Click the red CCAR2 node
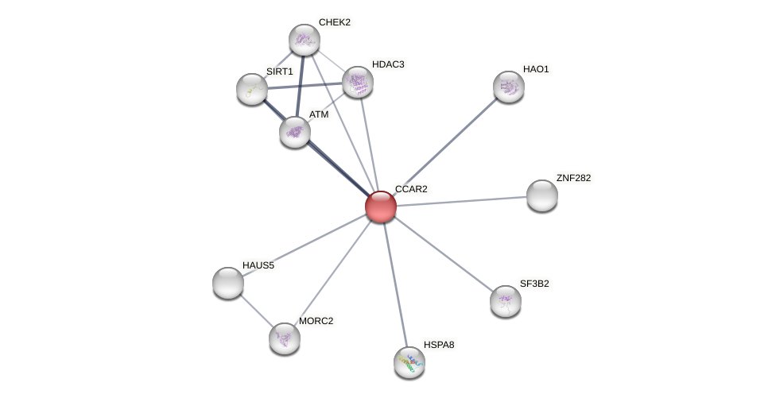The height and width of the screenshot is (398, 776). point(381,207)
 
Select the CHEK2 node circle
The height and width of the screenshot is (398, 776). point(304,40)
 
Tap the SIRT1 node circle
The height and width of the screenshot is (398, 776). point(252,89)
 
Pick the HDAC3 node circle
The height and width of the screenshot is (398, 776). point(358,82)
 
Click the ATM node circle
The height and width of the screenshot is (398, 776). point(295,132)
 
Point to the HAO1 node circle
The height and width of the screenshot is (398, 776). point(509,87)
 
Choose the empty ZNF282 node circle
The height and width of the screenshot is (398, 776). point(542,195)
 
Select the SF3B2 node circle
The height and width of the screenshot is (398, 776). point(506,301)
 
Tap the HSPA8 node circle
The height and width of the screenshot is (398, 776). point(409,362)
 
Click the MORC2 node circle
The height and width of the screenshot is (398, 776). point(285,338)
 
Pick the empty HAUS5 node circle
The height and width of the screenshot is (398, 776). point(228,283)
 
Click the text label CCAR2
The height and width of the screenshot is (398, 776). point(411,189)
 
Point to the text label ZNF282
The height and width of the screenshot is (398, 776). point(573,178)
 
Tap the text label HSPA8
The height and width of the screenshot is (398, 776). point(439,345)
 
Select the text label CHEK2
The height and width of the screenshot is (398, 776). point(334,22)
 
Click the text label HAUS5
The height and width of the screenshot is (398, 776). point(258,265)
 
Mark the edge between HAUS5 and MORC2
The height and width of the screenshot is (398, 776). point(256,311)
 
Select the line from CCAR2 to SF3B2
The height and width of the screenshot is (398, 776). point(443,253)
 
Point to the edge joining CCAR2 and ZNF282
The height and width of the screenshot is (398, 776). point(461,201)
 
